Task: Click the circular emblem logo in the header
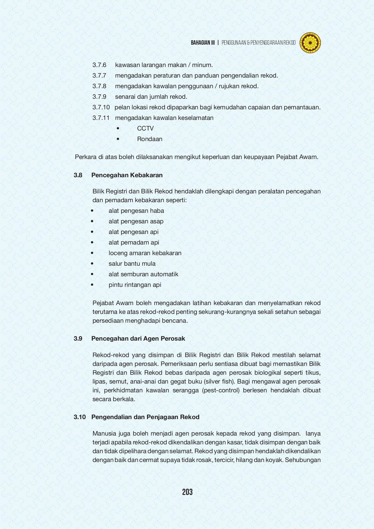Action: tap(310, 43)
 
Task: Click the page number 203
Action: tap(187, 492)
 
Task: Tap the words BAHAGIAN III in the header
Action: tap(203, 43)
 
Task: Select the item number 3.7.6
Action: tap(99, 65)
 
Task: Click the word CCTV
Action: tap(145, 128)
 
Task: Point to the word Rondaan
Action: tap(150, 139)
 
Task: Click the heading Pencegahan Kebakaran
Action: tap(127, 175)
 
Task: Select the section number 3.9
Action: tap(78, 339)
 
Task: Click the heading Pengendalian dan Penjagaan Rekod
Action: tap(145, 417)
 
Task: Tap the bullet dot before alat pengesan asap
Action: tap(92, 221)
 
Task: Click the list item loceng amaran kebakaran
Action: tap(145, 253)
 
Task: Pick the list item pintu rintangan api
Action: tap(135, 285)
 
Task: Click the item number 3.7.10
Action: tap(101, 107)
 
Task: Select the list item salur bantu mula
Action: tap(132, 264)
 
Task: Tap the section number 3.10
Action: tap(79, 417)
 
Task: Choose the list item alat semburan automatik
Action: tap(143, 274)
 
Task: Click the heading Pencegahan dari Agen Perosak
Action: tap(138, 339)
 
